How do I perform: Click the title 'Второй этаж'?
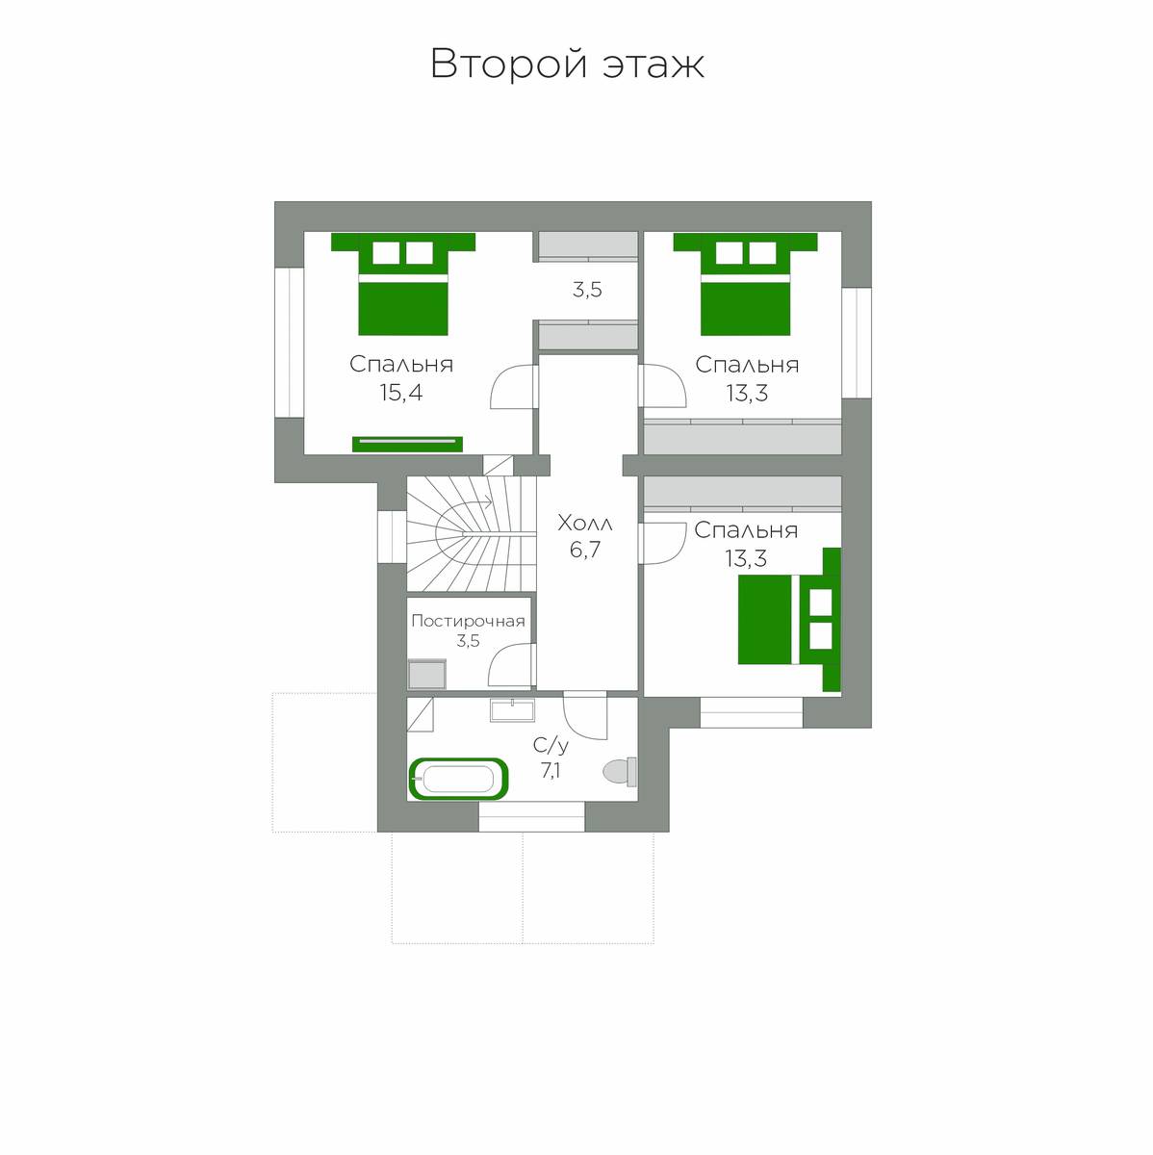pos(567,64)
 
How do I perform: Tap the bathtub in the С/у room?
pos(459,780)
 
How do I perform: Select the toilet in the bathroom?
pos(620,772)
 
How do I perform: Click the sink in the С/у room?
pos(512,709)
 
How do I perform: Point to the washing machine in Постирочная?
pos(427,675)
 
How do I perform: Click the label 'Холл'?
pos(584,524)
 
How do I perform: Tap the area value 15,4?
pos(401,393)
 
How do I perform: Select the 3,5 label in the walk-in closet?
pos(587,290)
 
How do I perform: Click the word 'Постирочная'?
pos(468,621)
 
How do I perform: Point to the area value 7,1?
pos(551,771)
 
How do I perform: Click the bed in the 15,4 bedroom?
pos(403,284)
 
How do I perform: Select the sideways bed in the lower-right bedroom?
pos(789,619)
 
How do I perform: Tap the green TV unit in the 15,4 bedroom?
pos(407,444)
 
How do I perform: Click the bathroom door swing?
pos(584,716)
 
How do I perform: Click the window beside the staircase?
pos(392,536)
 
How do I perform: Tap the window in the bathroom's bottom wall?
pos(531,817)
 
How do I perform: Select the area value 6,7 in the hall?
pos(584,550)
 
